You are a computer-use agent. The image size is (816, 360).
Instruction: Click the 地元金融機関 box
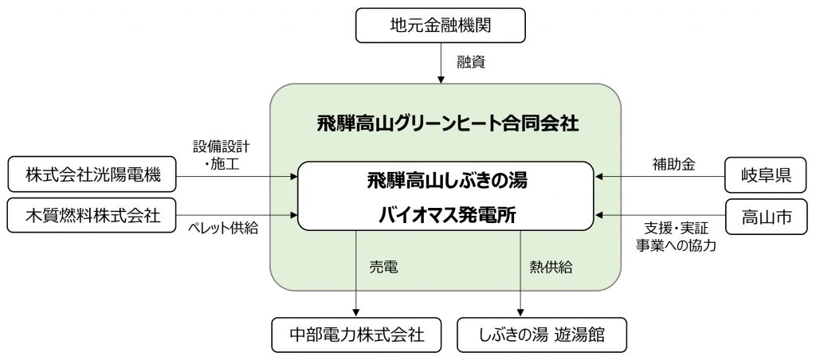[x=440, y=25]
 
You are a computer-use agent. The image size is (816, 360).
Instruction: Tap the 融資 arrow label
[x=471, y=62]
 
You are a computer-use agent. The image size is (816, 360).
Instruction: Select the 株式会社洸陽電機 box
[x=92, y=174]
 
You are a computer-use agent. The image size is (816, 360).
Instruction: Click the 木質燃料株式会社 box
[x=92, y=215]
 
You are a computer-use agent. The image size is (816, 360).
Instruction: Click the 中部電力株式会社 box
[x=356, y=335]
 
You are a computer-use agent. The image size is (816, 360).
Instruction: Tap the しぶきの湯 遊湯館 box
[x=542, y=335]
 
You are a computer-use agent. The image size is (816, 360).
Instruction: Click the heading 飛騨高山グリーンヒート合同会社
[x=448, y=124]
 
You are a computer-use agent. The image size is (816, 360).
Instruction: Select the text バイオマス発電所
[x=446, y=214]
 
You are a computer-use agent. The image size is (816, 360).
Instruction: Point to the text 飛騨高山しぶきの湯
[x=447, y=181]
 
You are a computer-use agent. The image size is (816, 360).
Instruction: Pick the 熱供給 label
[x=551, y=268]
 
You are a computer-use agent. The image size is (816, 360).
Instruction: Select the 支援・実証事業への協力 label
[x=676, y=237]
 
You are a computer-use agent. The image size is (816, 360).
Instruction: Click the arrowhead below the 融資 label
[x=441, y=80]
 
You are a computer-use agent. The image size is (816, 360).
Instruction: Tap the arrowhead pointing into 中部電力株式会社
[x=356, y=314]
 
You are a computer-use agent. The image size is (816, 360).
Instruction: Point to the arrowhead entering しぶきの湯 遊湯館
[x=520, y=314]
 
